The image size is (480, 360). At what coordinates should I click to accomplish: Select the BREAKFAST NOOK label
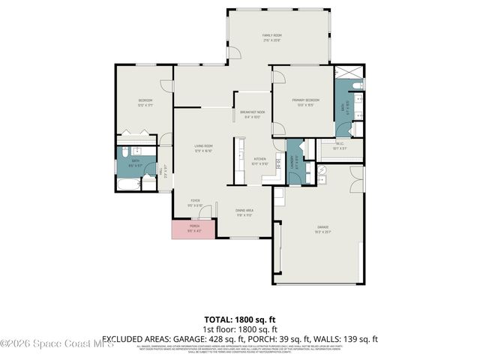(250, 113)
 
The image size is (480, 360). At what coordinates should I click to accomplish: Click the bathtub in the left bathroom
(127, 184)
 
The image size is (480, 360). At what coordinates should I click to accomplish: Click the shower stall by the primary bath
(347, 73)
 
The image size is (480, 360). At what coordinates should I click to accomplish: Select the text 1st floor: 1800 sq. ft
(240, 329)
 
